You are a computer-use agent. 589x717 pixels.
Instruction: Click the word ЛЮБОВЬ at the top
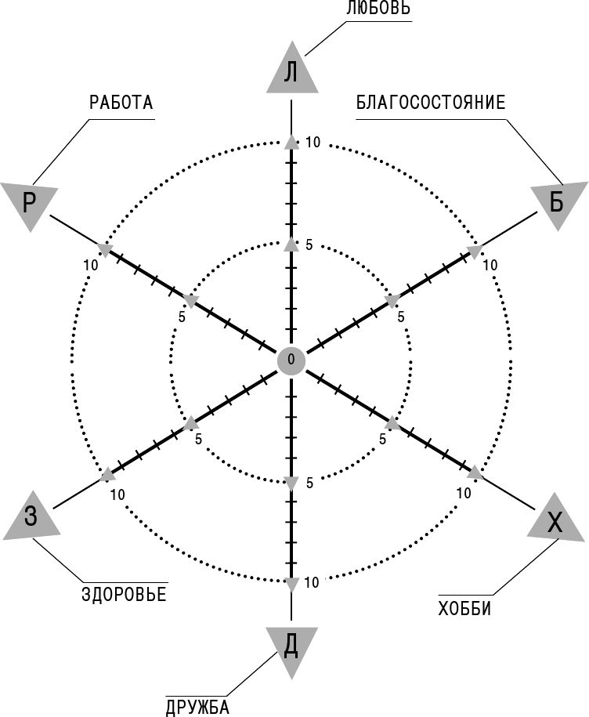click(x=378, y=9)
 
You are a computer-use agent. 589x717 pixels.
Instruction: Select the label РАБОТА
click(x=121, y=103)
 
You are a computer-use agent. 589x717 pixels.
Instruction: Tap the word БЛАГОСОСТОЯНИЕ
click(x=431, y=103)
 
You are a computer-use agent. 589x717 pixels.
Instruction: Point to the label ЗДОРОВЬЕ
click(x=124, y=595)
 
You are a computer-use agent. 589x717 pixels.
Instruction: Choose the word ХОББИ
click(x=464, y=609)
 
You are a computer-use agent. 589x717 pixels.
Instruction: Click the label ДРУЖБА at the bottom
click(x=197, y=708)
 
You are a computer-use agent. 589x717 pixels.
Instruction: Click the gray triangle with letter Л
click(x=292, y=69)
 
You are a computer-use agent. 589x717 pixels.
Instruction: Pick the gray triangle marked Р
click(x=29, y=205)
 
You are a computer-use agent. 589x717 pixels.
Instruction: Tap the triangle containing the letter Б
click(x=558, y=204)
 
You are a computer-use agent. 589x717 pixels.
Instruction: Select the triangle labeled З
click(x=31, y=518)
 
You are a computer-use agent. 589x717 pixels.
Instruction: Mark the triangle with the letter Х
click(x=555, y=520)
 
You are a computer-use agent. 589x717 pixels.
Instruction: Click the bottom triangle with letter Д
click(x=291, y=650)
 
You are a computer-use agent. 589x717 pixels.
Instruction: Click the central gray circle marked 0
click(x=291, y=360)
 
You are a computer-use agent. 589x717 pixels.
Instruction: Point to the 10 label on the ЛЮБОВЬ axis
click(x=313, y=143)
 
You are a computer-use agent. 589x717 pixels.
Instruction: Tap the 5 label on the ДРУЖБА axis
click(x=310, y=483)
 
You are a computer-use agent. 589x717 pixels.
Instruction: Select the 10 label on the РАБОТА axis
click(x=91, y=265)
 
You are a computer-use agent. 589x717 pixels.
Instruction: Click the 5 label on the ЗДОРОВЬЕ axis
click(x=198, y=440)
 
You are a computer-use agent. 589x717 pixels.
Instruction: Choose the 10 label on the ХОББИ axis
click(x=464, y=494)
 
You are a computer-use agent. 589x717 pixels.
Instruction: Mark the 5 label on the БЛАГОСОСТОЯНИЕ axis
click(x=401, y=317)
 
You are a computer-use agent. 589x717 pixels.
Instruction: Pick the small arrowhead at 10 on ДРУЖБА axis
click(x=291, y=584)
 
